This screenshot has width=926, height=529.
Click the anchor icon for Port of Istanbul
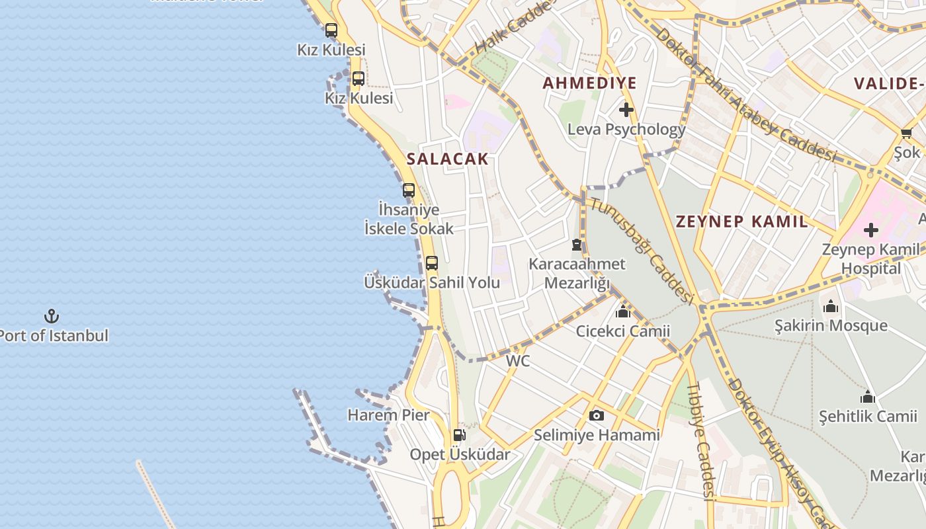click(52, 316)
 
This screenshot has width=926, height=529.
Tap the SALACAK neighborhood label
click(447, 159)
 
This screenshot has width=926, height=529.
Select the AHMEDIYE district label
click(589, 83)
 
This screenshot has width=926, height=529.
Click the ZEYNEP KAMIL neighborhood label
click(741, 222)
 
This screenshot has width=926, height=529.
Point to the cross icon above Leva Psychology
click(626, 110)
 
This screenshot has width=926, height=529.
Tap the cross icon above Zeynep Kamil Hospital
click(871, 230)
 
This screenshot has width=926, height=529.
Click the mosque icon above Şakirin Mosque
click(831, 306)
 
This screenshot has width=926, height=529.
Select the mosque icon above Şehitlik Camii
click(868, 397)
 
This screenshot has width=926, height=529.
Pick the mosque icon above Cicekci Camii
click(622, 311)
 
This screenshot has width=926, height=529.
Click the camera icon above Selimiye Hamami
click(597, 415)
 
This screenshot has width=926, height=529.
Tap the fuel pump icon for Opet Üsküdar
click(459, 435)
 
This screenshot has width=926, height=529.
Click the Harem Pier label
click(388, 415)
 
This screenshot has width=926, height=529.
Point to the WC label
click(518, 361)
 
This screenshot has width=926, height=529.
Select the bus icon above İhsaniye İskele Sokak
click(409, 190)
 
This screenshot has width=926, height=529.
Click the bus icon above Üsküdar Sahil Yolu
click(432, 263)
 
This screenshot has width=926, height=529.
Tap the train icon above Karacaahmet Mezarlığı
click(577, 245)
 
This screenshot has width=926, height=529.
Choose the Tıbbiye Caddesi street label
click(700, 440)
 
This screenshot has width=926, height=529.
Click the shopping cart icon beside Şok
click(906, 133)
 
